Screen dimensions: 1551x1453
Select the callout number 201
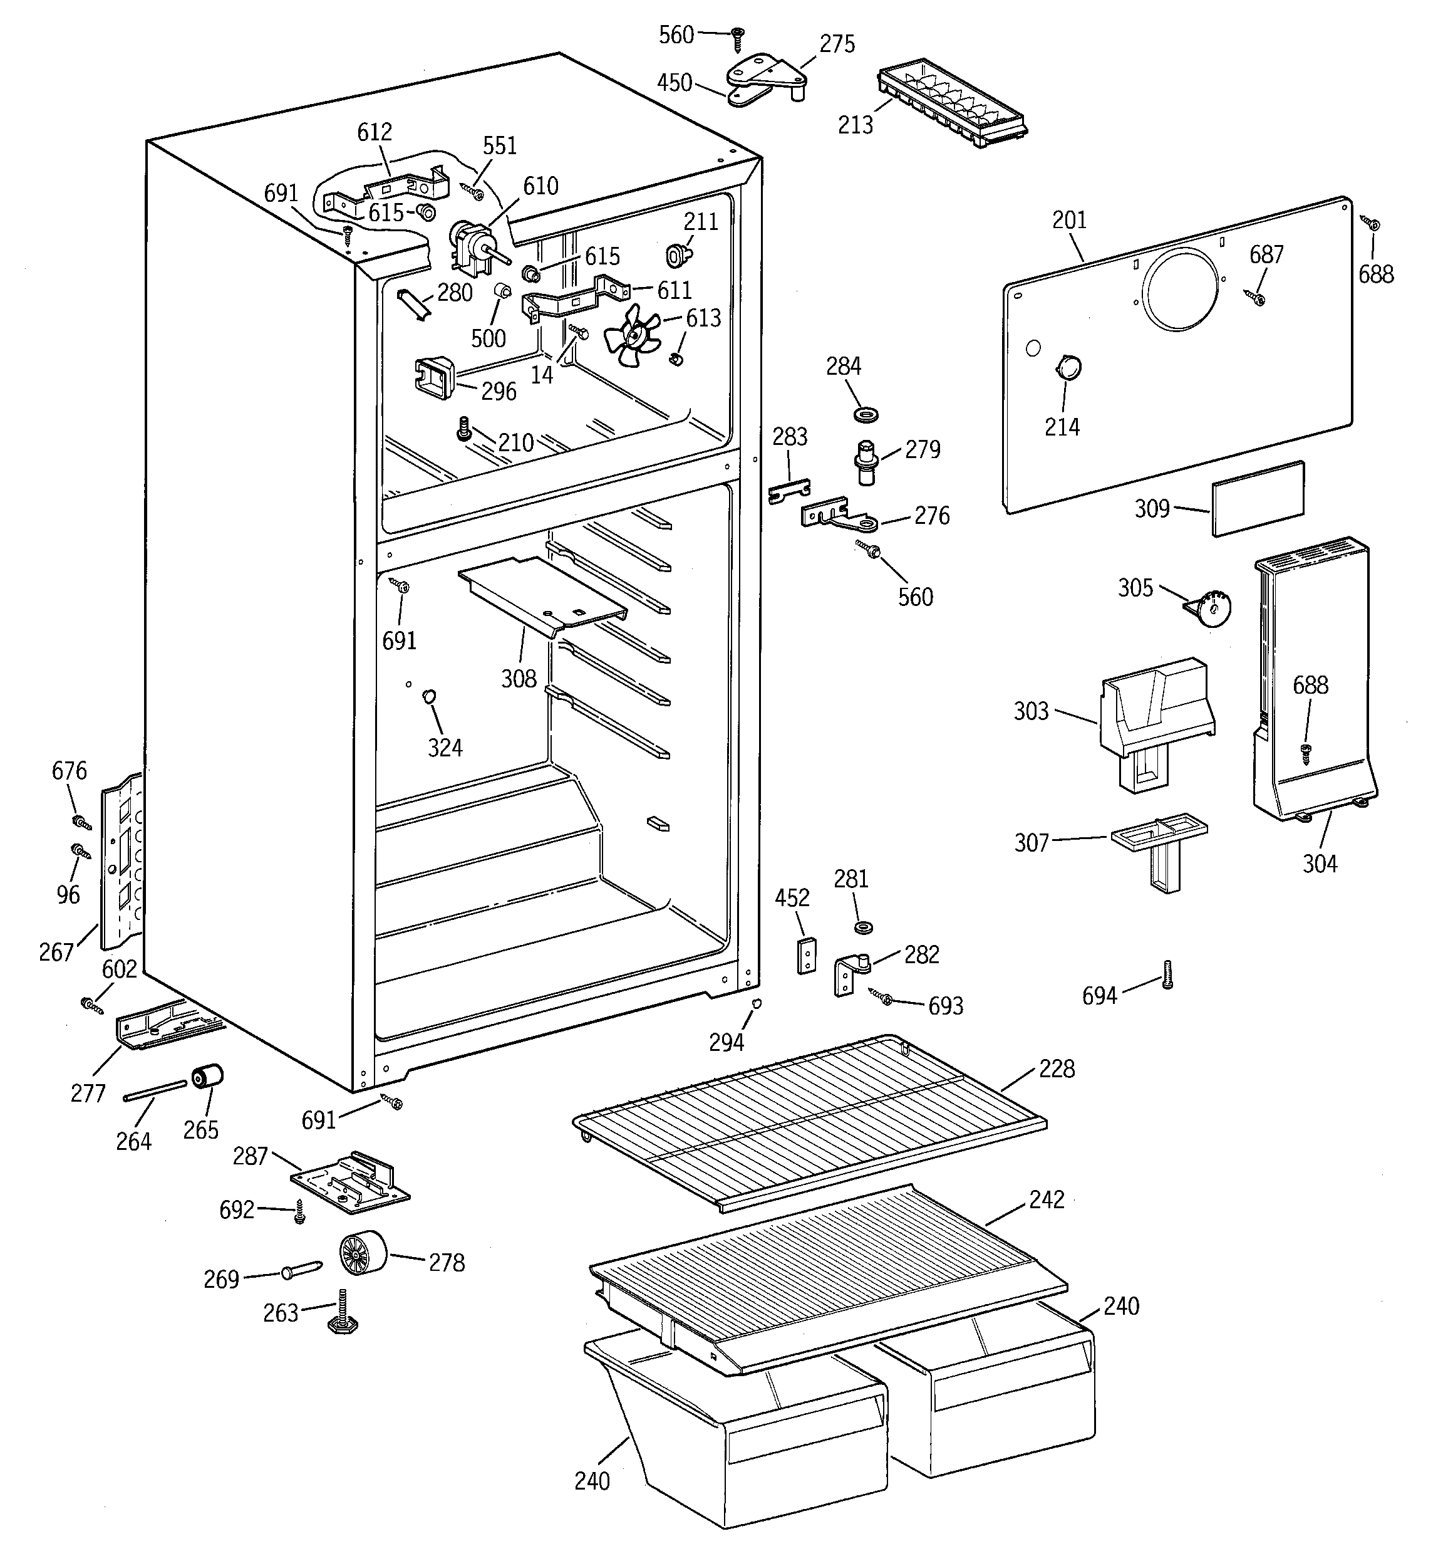pos(1068,221)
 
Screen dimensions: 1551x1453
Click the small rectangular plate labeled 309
pos(1257,499)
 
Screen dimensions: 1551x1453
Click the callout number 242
pos(1046,1199)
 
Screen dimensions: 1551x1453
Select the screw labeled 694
pos(1167,974)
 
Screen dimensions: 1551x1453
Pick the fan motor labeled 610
pos(472,246)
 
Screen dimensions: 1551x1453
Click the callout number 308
pos(519,679)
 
